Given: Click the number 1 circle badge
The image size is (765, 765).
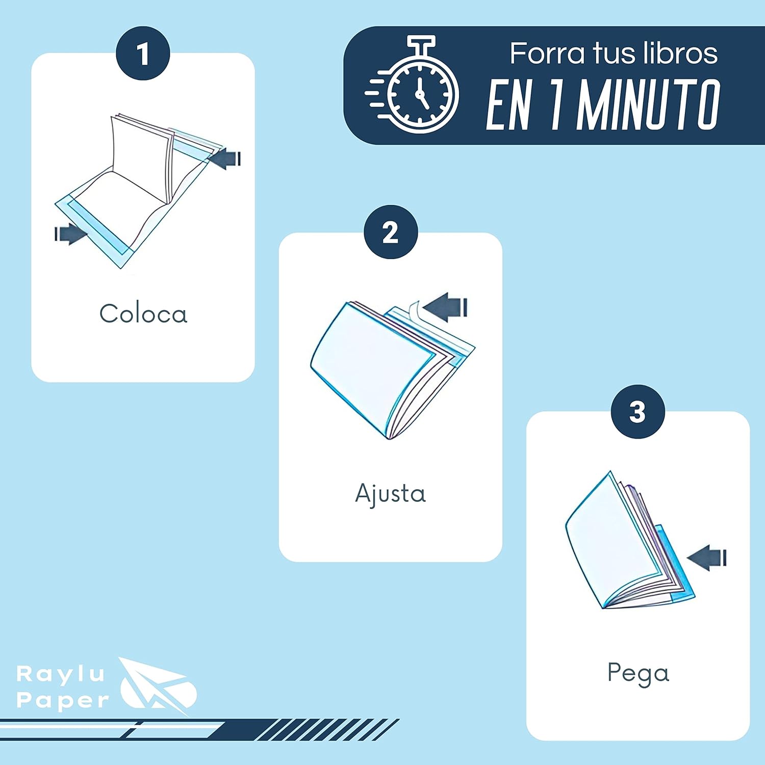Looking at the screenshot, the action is (143, 53).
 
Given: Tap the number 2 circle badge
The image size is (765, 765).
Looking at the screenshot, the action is (391, 232).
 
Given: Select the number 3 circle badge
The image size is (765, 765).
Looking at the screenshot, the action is (638, 412).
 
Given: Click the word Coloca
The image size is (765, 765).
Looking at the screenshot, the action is (143, 314).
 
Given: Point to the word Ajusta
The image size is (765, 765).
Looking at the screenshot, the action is (391, 494).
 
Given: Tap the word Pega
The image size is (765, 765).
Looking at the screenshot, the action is (638, 674).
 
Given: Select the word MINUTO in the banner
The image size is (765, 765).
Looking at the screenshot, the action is (649, 105).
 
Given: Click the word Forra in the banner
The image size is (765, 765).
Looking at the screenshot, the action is (547, 54).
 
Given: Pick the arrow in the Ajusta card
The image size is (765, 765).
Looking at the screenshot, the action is (445, 307).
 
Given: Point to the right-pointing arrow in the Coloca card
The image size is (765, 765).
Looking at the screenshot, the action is (71, 234).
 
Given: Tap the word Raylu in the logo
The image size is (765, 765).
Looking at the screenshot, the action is (61, 675).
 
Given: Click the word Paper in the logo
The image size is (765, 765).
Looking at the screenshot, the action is (63, 700).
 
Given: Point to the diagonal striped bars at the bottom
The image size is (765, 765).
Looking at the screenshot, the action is (326, 729).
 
